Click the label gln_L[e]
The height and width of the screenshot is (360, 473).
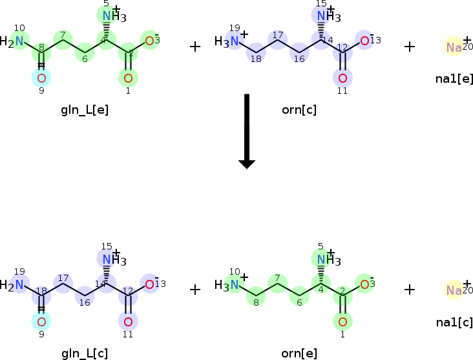(x=85, y=110)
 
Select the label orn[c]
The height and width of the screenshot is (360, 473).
(x=299, y=110)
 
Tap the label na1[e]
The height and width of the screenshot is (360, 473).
(x=454, y=79)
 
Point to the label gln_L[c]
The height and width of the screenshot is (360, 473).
(x=85, y=353)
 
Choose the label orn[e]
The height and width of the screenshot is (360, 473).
(x=299, y=353)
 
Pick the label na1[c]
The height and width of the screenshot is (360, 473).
(x=454, y=322)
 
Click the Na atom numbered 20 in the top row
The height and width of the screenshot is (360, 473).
(x=454, y=47)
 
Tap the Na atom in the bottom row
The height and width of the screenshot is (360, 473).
(x=454, y=290)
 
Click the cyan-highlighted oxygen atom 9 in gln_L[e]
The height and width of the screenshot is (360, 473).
(x=41, y=78)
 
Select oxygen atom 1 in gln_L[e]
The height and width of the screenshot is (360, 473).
(x=128, y=78)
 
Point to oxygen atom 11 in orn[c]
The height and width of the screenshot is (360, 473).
(x=342, y=78)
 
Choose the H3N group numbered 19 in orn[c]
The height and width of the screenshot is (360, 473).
(x=227, y=42)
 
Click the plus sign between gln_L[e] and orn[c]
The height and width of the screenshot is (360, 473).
(x=195, y=47)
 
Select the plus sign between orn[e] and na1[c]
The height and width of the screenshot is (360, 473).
(x=410, y=290)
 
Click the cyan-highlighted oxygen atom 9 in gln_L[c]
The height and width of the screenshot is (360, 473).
(x=41, y=321)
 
